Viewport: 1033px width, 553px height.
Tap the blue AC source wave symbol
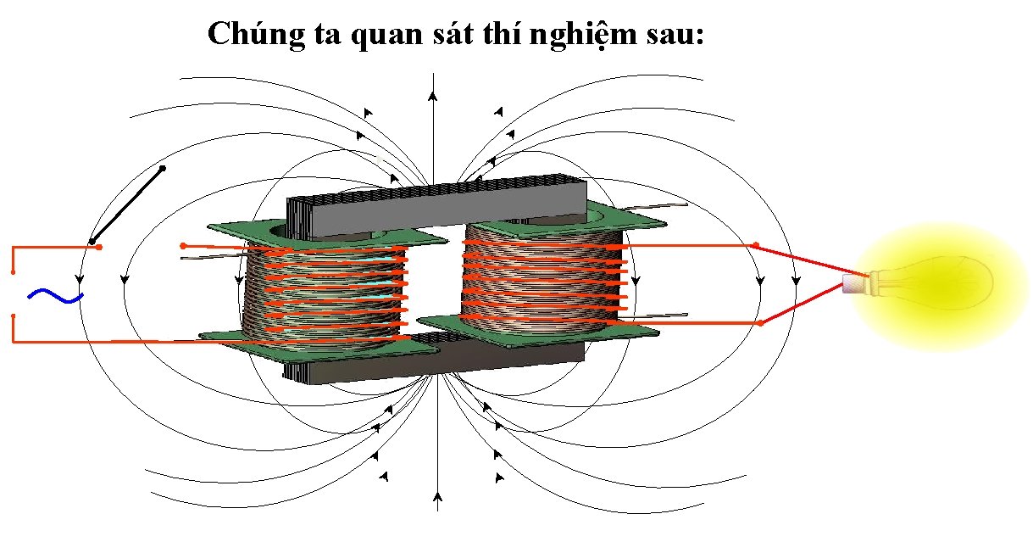[x=55, y=295]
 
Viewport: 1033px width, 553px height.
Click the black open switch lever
[x=127, y=204]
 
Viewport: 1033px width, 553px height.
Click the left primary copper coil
[x=322, y=293]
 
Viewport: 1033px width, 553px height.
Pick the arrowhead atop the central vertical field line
[x=432, y=95]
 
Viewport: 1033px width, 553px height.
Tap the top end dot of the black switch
[x=163, y=168]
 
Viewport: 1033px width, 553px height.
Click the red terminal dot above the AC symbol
[x=13, y=272]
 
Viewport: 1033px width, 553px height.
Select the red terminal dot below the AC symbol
[x=13, y=316]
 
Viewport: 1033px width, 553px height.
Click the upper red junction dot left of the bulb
[x=757, y=246]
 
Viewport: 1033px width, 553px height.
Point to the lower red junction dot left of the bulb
[x=760, y=322]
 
